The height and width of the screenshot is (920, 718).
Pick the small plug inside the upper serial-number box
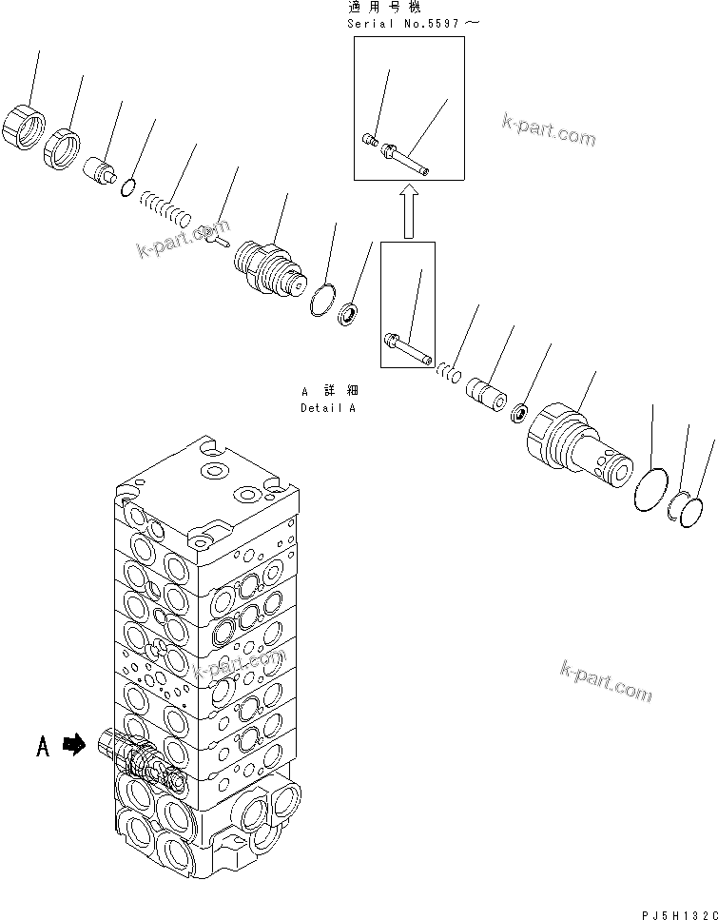[371, 142]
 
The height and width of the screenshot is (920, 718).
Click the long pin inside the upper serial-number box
[407, 159]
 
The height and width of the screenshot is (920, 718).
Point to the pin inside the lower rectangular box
[407, 347]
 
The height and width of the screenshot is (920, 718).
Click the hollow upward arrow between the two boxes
[408, 210]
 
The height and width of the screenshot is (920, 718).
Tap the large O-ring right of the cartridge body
[651, 488]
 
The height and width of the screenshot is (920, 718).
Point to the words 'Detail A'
[327, 407]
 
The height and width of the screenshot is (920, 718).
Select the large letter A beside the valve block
[42, 749]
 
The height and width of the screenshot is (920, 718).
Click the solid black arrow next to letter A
[73, 748]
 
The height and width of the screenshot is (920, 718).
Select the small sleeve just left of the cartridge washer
[493, 393]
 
